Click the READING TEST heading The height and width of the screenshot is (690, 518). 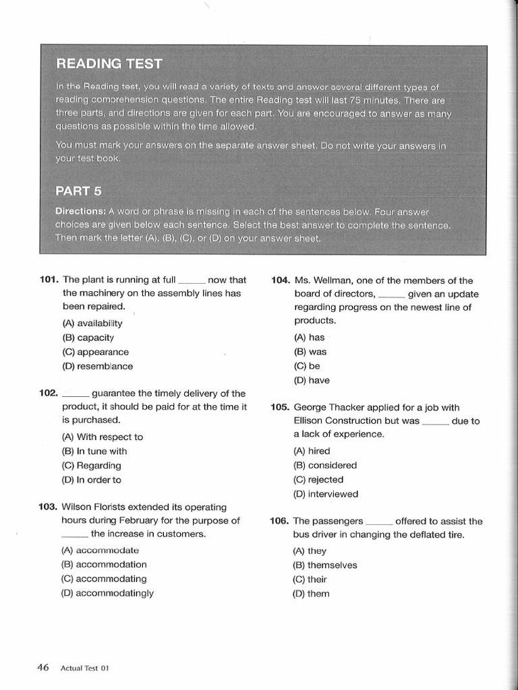tap(109, 64)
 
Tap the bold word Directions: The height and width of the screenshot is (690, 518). tap(80, 211)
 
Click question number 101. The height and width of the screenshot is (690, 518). tap(49, 280)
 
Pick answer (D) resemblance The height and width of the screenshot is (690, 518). tap(98, 367)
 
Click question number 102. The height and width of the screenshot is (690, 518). tap(49, 393)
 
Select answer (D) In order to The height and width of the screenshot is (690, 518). tap(92, 480)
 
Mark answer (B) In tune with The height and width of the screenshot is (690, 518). tap(94, 451)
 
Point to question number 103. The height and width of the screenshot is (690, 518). tap(49, 507)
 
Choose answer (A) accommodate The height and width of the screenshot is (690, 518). tap(100, 550)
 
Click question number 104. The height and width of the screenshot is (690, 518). tap(281, 280)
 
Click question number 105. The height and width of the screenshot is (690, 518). tap(281, 407)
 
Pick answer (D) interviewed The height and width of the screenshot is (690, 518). tap(326, 494)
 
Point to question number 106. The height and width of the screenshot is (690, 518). tap(281, 521)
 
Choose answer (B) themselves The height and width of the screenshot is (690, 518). tap(325, 565)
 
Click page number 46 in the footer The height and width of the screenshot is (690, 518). tap(43, 668)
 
